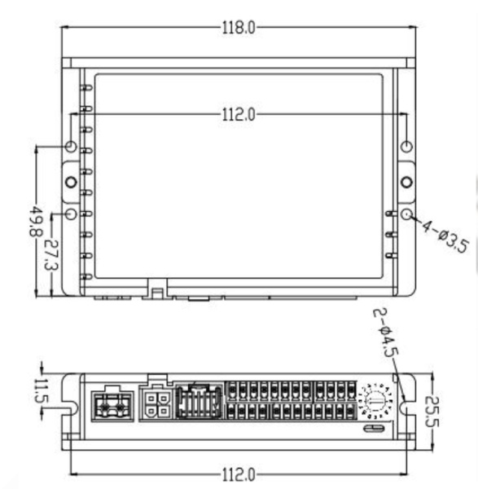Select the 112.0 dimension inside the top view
click(x=239, y=115)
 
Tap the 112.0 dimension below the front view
click(x=239, y=474)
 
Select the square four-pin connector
click(x=156, y=403)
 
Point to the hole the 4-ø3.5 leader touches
click(x=406, y=214)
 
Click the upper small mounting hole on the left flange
click(x=71, y=147)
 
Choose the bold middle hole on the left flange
click(x=71, y=181)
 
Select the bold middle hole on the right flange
click(x=406, y=180)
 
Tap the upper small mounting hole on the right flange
click(x=406, y=147)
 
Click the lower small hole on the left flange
click(x=71, y=214)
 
